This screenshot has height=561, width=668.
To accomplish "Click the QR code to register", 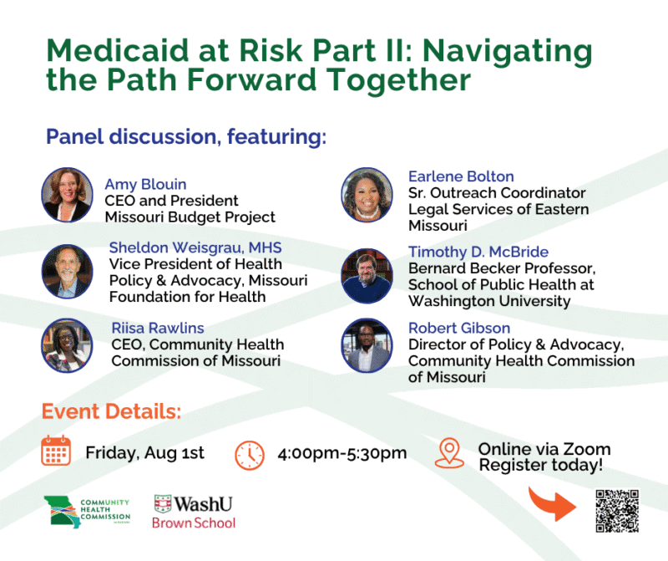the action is click(x=617, y=511).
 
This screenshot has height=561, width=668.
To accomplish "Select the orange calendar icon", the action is click(x=56, y=451).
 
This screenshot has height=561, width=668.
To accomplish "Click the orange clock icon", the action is click(x=250, y=455).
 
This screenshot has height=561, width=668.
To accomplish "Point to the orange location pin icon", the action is click(x=449, y=452).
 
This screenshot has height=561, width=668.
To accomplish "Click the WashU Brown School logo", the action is click(x=195, y=512).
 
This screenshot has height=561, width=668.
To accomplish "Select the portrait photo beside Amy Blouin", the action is click(x=68, y=195).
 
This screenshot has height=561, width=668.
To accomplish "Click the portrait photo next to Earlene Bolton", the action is click(x=367, y=195).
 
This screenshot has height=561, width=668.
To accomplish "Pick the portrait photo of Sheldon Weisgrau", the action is click(x=68, y=272).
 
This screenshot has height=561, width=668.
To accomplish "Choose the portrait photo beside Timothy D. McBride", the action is click(x=367, y=276).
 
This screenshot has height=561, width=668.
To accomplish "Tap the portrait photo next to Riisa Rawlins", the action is click(x=68, y=345).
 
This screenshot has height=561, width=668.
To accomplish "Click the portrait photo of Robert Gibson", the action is click(x=367, y=345).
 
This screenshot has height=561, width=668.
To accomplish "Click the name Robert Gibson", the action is click(x=459, y=328).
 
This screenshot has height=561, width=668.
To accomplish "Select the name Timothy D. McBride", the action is click(x=478, y=252).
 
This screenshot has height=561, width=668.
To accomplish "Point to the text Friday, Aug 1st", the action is click(x=144, y=452).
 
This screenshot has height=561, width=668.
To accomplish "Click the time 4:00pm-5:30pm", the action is click(x=342, y=453).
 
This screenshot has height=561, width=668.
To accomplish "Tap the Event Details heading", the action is click(x=111, y=411).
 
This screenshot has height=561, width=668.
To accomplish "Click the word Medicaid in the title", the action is click(x=118, y=50).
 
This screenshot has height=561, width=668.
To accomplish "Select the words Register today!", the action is click(x=541, y=465).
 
